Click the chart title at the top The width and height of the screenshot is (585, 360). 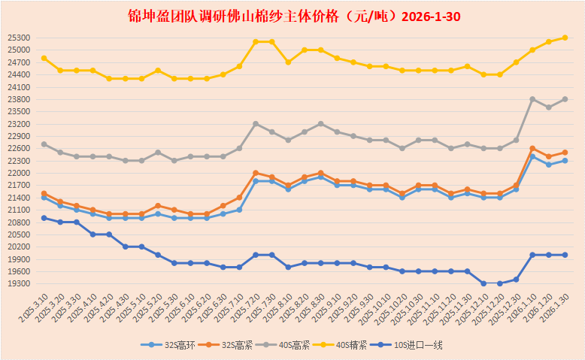tap(292, 16)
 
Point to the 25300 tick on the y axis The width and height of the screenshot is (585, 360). tap(17, 38)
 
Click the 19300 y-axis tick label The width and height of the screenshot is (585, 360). tap(17, 284)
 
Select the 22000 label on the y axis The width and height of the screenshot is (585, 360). tap(17, 173)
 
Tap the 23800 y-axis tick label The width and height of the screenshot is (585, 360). tap(17, 99)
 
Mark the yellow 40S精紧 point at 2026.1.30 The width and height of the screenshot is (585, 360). tap(565, 38)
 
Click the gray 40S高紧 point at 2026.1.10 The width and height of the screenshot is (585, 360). tap(532, 99)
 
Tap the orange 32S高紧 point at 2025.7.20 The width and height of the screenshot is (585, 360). tap(256, 173)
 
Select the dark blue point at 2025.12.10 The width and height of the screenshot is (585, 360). tap(483, 283)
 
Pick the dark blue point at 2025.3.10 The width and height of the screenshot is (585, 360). tap(44, 218)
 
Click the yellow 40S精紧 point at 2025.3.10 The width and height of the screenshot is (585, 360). tap(44, 58)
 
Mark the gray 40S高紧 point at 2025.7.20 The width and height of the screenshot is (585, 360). tap(256, 123)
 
